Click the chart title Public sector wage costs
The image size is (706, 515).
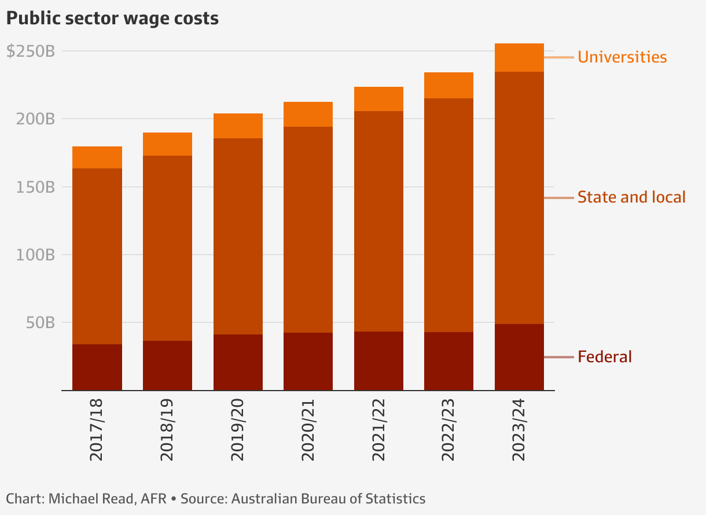click(112, 19)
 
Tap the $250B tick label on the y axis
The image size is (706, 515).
click(31, 51)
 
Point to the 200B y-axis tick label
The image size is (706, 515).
click(36, 119)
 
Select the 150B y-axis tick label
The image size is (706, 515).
click(36, 187)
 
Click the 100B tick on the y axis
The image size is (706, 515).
click(36, 255)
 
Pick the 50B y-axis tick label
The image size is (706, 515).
click(40, 323)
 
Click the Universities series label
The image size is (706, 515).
click(622, 57)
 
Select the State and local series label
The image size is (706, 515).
click(631, 197)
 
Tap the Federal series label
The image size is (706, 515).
click(605, 357)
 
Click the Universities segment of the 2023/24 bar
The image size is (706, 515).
click(519, 58)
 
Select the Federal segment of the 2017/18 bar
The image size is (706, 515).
click(97, 367)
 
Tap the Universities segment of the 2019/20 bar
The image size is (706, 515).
click(238, 126)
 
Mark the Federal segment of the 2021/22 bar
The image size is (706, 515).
click(378, 361)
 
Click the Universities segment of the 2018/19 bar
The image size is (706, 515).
click(167, 144)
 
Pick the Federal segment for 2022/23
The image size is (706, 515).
click(448, 361)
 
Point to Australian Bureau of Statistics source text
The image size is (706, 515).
click(328, 499)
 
